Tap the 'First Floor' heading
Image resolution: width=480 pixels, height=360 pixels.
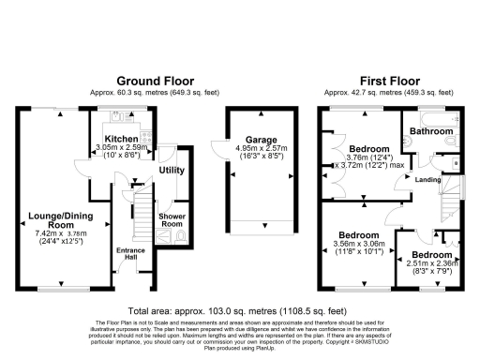[x=386, y=81]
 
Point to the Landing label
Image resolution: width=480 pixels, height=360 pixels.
[x=428, y=180]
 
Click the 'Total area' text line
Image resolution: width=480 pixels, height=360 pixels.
[x=240, y=308]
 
